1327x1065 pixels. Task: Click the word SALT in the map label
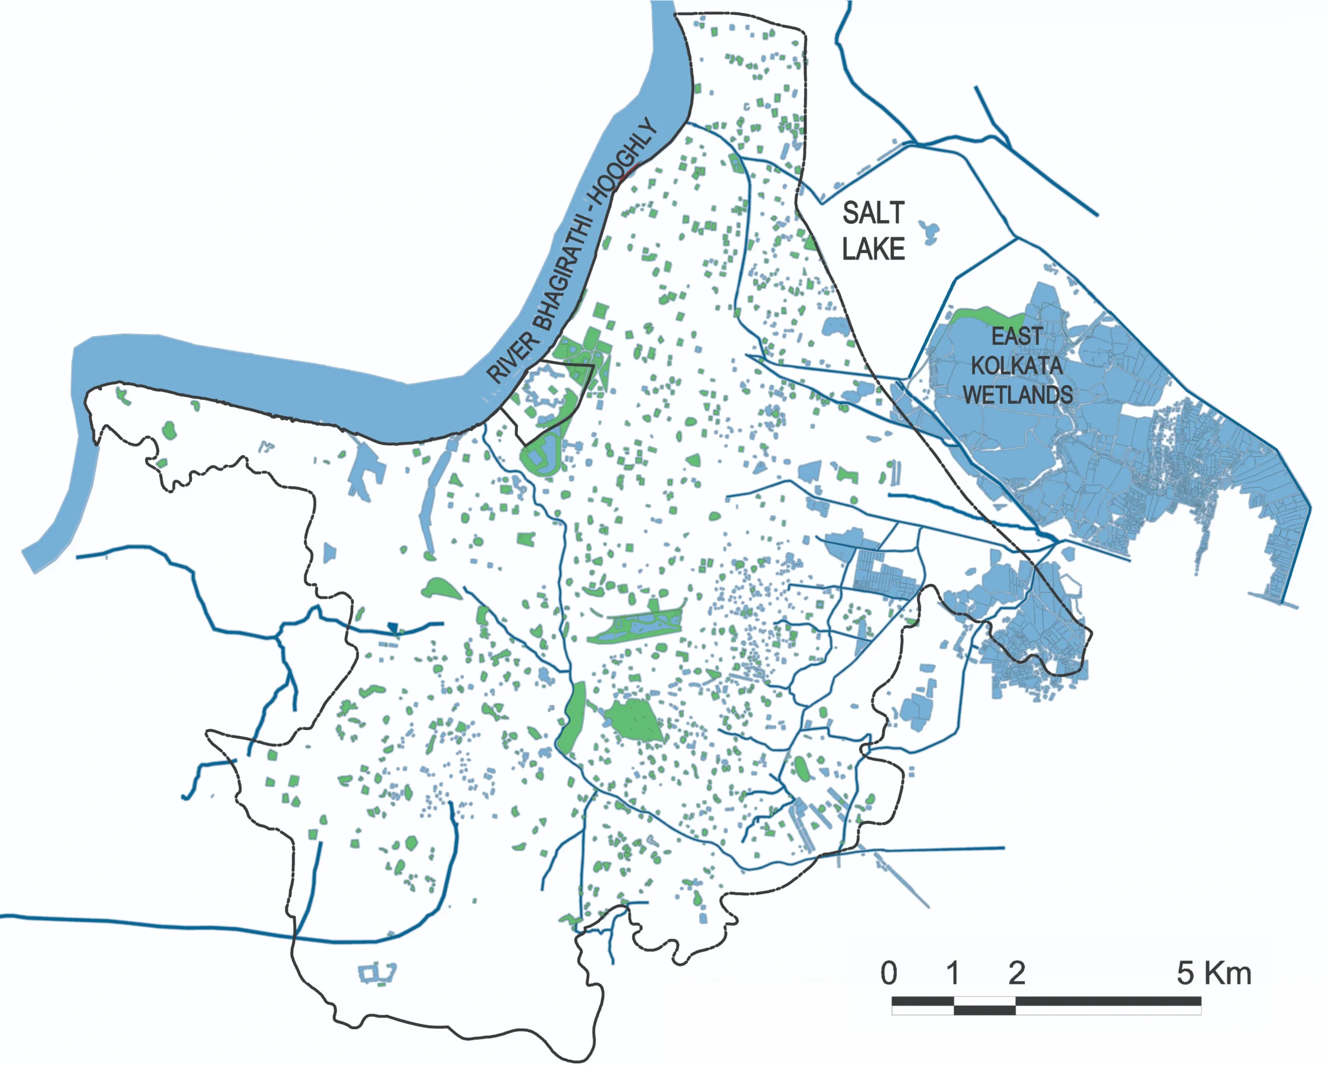[x=873, y=214]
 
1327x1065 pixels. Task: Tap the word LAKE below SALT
[x=873, y=249]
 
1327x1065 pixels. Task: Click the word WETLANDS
[x=1018, y=395]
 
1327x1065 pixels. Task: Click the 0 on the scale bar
[x=888, y=974]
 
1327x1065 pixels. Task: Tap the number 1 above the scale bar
[x=953, y=974]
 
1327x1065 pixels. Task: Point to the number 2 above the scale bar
[x=1016, y=974]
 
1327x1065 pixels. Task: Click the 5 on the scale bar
[x=1185, y=974]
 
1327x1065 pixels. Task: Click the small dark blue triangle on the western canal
[x=393, y=628]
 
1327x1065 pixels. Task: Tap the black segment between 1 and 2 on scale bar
[x=984, y=1010]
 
